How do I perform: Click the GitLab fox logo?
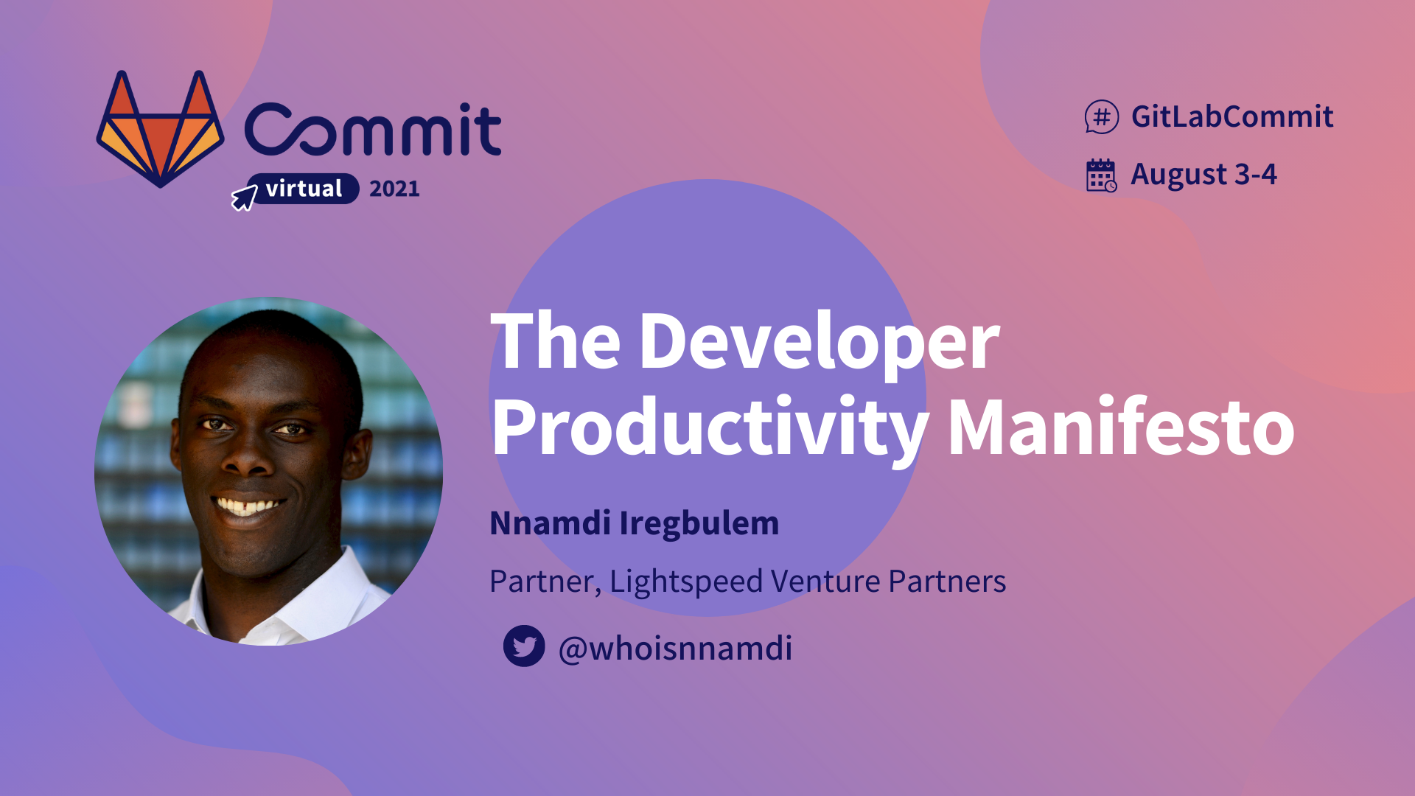tap(160, 129)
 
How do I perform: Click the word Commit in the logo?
tap(373, 130)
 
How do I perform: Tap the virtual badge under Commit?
tap(304, 189)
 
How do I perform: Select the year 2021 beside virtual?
tap(394, 189)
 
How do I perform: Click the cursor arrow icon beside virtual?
tap(244, 198)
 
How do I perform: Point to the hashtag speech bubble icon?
tap(1101, 116)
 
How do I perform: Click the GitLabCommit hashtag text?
tap(1231, 116)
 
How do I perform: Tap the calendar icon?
tap(1101, 175)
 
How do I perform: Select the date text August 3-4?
tap(1203, 175)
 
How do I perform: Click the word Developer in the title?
tap(818, 341)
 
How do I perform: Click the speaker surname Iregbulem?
tap(699, 523)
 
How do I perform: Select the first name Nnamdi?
tap(550, 523)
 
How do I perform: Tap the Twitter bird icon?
tap(524, 646)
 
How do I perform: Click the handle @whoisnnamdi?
tap(675, 648)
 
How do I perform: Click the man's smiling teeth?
tap(248, 507)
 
